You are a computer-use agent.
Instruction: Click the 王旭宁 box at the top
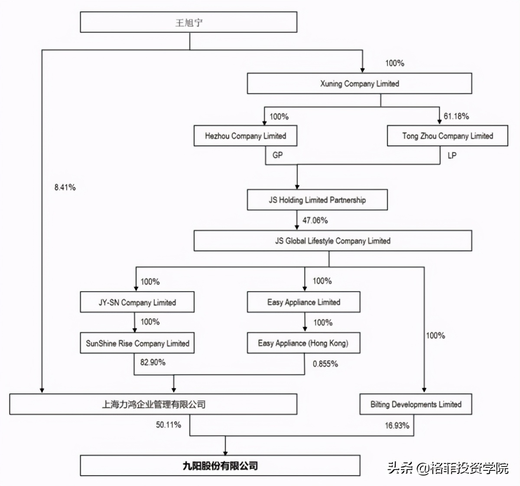(188, 22)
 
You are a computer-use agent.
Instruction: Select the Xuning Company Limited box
(359, 84)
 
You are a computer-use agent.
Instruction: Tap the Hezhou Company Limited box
(245, 136)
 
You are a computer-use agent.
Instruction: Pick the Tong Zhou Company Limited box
(447, 136)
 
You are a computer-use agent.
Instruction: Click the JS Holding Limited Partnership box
(317, 200)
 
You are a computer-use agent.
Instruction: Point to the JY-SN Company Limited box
(137, 302)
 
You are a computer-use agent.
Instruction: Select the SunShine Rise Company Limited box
(137, 343)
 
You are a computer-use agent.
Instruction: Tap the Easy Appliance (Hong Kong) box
(303, 343)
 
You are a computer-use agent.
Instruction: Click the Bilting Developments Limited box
(416, 404)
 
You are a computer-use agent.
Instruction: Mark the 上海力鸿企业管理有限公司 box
(153, 404)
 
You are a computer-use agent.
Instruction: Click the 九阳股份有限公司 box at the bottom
(220, 466)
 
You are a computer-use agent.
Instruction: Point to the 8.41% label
(65, 187)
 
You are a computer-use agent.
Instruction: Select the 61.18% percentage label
(456, 116)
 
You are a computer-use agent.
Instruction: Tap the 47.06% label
(315, 220)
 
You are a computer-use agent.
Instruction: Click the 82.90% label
(153, 362)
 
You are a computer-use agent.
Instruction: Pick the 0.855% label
(325, 364)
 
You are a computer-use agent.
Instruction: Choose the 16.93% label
(397, 425)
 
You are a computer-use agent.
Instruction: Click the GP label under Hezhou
(278, 155)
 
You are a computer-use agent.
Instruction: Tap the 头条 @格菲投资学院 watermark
(448, 468)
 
